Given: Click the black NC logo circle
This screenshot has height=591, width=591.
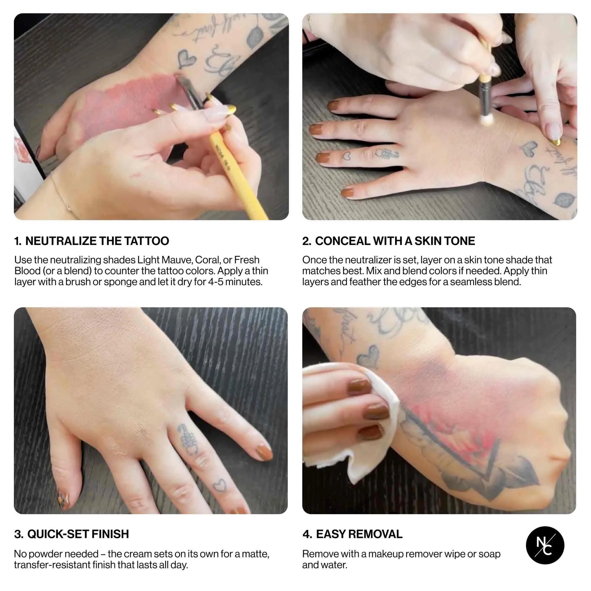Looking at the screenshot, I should [545, 545].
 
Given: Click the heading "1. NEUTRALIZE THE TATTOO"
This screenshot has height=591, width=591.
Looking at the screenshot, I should [92, 241].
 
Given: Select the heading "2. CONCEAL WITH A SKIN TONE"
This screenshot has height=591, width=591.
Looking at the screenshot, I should [389, 241].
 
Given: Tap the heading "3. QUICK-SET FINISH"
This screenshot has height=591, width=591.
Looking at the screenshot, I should [72, 534].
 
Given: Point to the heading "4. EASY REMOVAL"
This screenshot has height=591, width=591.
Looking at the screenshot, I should [353, 534].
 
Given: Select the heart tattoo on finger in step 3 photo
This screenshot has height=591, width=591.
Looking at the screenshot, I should [220, 485].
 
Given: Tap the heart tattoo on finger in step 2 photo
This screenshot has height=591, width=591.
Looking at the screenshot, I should [346, 156].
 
